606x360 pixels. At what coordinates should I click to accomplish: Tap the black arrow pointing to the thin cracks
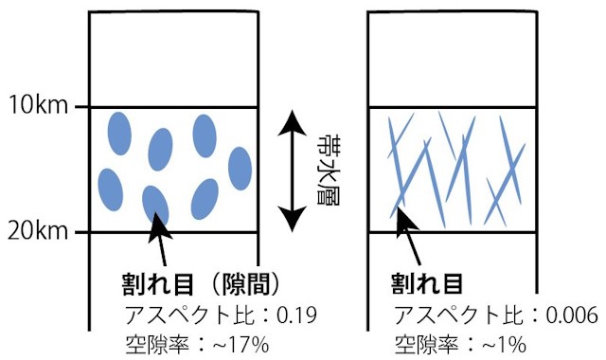click(x=415, y=240)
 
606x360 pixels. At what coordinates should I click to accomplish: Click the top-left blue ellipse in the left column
click(x=119, y=133)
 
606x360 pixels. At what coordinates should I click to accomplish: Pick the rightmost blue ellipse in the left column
click(x=241, y=168)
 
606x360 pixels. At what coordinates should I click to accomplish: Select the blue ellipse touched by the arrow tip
click(x=155, y=206)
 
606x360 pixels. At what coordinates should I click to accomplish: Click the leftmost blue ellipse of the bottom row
click(x=111, y=189)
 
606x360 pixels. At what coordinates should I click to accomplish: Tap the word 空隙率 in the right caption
click(x=419, y=342)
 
